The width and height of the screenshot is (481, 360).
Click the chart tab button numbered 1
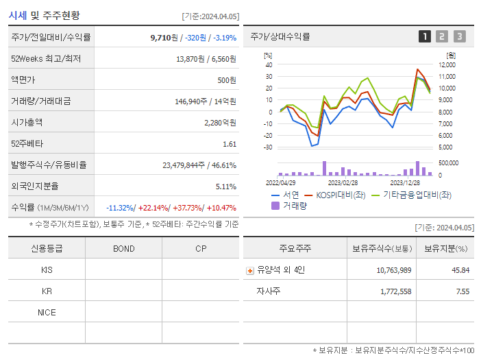[425, 36]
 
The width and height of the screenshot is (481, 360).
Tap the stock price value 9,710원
[164, 38]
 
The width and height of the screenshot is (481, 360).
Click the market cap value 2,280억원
[220, 123]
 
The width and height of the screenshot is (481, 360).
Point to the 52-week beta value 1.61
[230, 144]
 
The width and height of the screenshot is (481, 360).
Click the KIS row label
[47, 270]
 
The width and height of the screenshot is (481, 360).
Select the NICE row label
[47, 313]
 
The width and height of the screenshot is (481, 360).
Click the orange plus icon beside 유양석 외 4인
[250, 271]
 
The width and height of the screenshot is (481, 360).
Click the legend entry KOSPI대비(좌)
[340, 195]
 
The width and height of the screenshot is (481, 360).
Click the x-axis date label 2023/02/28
[343, 183]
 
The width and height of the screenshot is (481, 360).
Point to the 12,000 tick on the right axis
[446, 65]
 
